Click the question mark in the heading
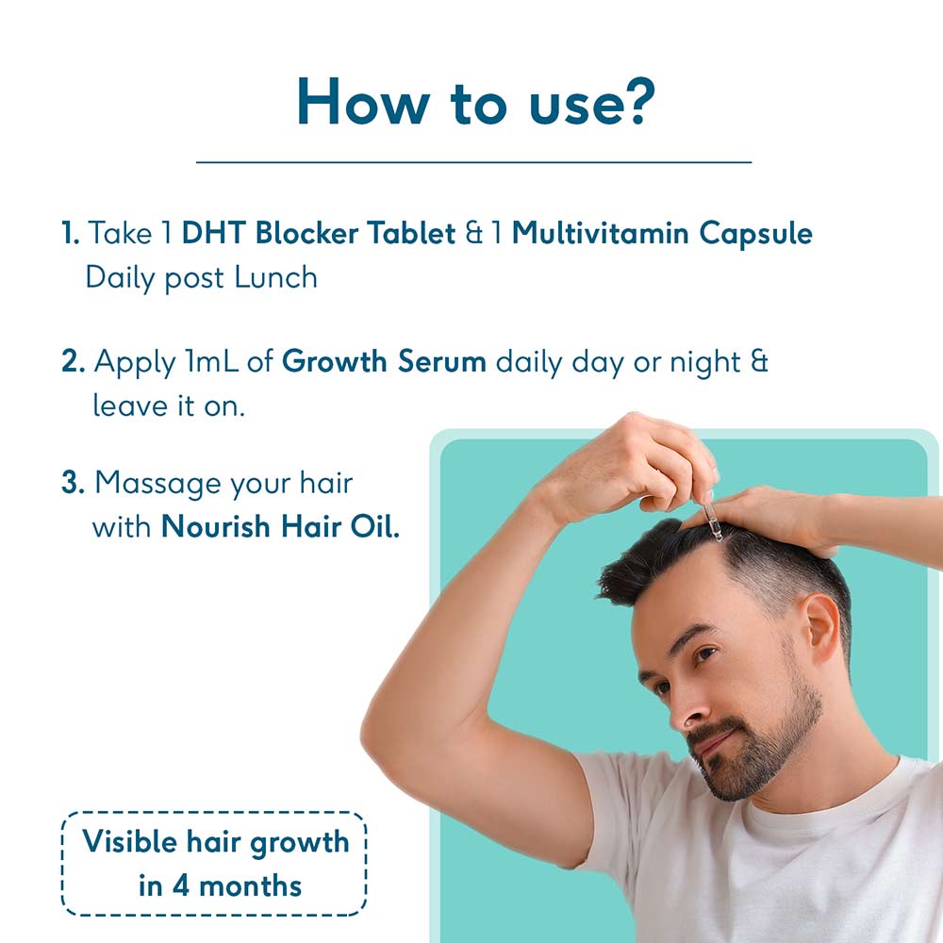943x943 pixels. [630, 102]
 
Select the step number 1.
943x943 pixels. [70, 234]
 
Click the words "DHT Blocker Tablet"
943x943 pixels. [319, 234]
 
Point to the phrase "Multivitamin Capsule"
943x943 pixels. [662, 234]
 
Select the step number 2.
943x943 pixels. [73, 361]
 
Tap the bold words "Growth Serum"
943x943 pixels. [384, 361]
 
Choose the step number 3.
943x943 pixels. [73, 484]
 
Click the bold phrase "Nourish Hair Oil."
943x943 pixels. [280, 526]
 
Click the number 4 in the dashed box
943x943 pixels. [181, 885]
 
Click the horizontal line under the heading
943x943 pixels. [473, 162]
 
